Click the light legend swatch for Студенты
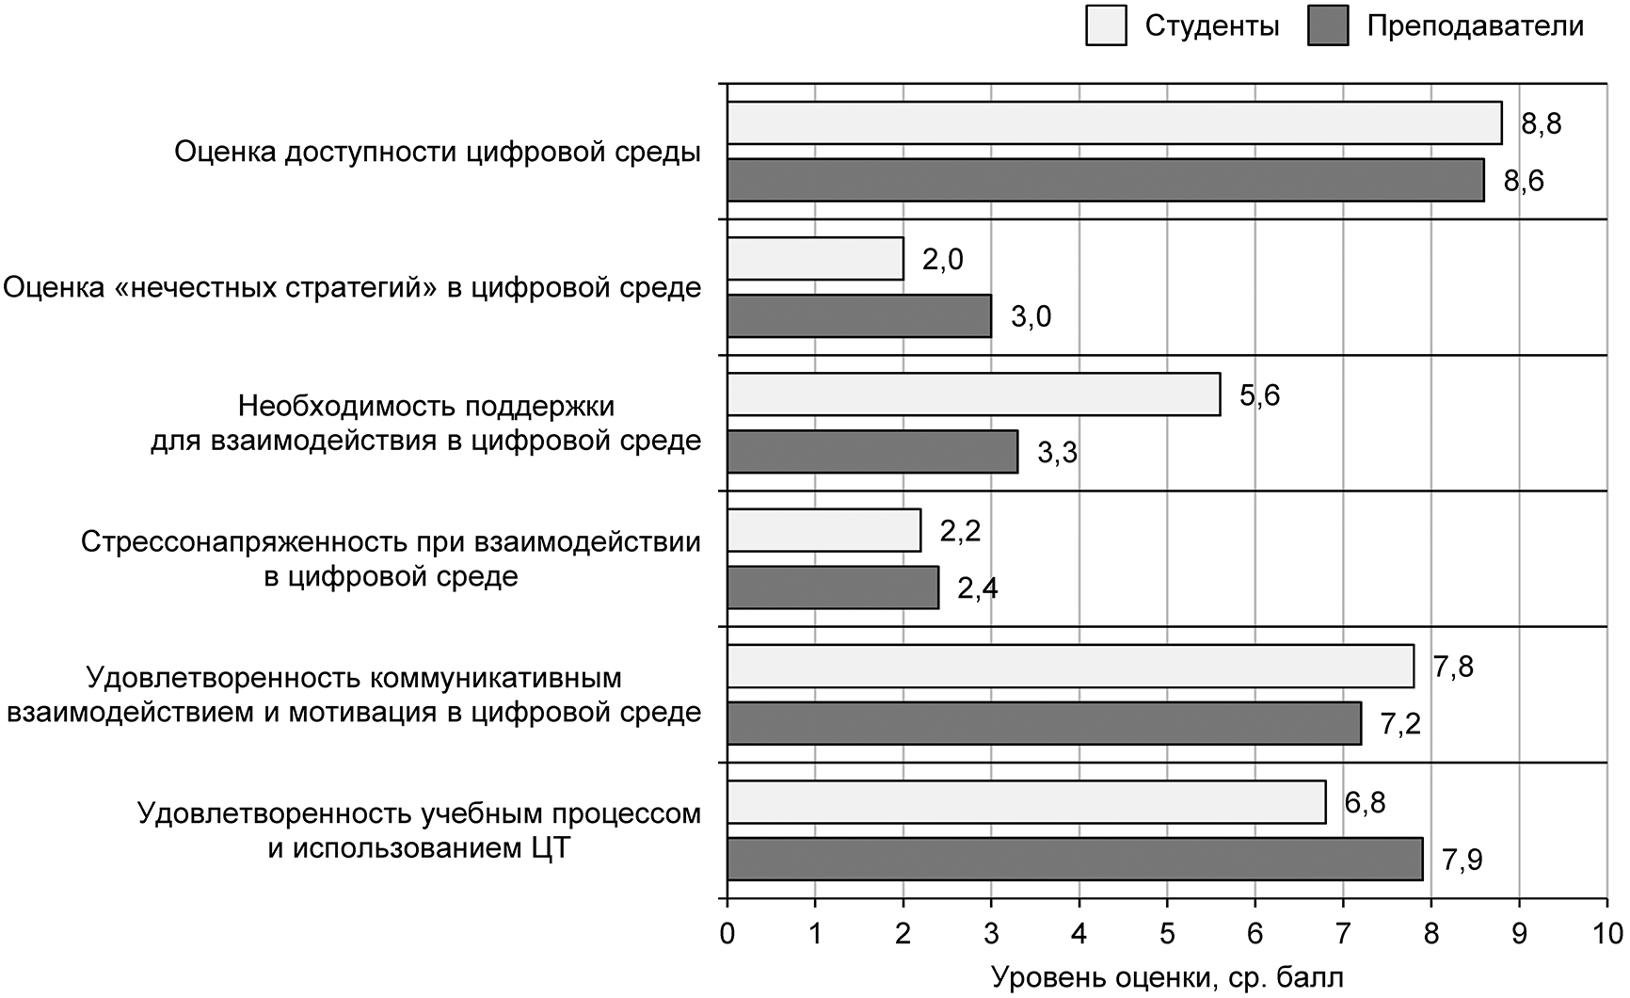coord(1108,25)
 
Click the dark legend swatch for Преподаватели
coord(1329,25)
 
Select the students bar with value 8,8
coord(1114,123)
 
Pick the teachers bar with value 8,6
coord(1106,180)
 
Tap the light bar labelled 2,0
coord(815,259)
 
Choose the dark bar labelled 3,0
coord(859,315)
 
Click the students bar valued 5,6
coord(973,394)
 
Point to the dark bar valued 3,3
coord(872,451)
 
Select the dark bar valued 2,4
coord(833,587)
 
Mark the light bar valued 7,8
coord(1070,667)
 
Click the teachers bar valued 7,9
coord(1075,859)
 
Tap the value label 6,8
coord(1365,803)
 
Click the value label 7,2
coord(1399,724)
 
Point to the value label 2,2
coord(960,531)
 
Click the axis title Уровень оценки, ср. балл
coord(1168,978)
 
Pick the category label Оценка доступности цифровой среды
coord(438,153)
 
